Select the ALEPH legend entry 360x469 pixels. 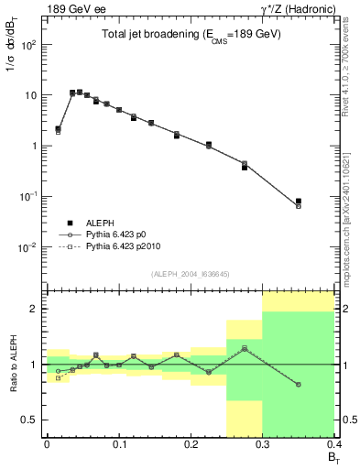click(85, 223)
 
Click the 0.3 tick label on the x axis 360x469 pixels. click(263, 444)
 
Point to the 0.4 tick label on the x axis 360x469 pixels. click(333, 444)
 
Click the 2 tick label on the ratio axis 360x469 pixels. click(34, 309)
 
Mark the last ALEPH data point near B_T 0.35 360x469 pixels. click(299, 202)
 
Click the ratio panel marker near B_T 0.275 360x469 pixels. click(245, 348)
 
